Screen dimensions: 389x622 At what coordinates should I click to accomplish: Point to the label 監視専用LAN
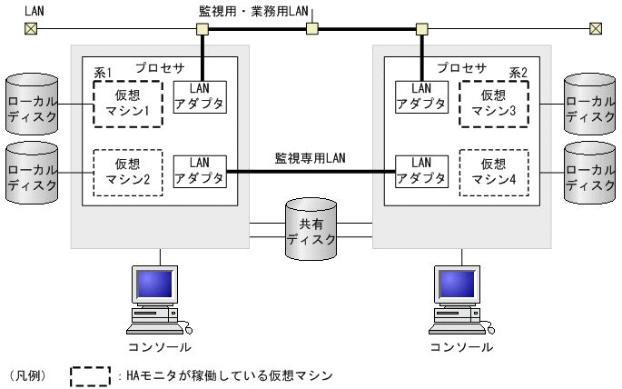point(311,157)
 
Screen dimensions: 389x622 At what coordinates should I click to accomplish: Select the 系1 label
point(103,71)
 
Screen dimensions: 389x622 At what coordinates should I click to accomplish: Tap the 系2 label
point(518,71)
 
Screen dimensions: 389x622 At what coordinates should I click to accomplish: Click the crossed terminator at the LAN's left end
point(31,29)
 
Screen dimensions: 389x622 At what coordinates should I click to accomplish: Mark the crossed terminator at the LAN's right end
point(596,29)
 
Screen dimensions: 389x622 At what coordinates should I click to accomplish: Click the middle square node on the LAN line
point(311,29)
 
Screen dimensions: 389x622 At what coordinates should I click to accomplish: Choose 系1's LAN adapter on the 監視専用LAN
point(200,171)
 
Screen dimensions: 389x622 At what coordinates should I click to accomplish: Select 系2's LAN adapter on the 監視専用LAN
point(421,171)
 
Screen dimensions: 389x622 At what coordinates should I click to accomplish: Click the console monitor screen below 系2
point(458,285)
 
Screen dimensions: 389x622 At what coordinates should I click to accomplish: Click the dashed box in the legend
point(90,374)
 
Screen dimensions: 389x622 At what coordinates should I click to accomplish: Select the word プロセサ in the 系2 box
point(461,68)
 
